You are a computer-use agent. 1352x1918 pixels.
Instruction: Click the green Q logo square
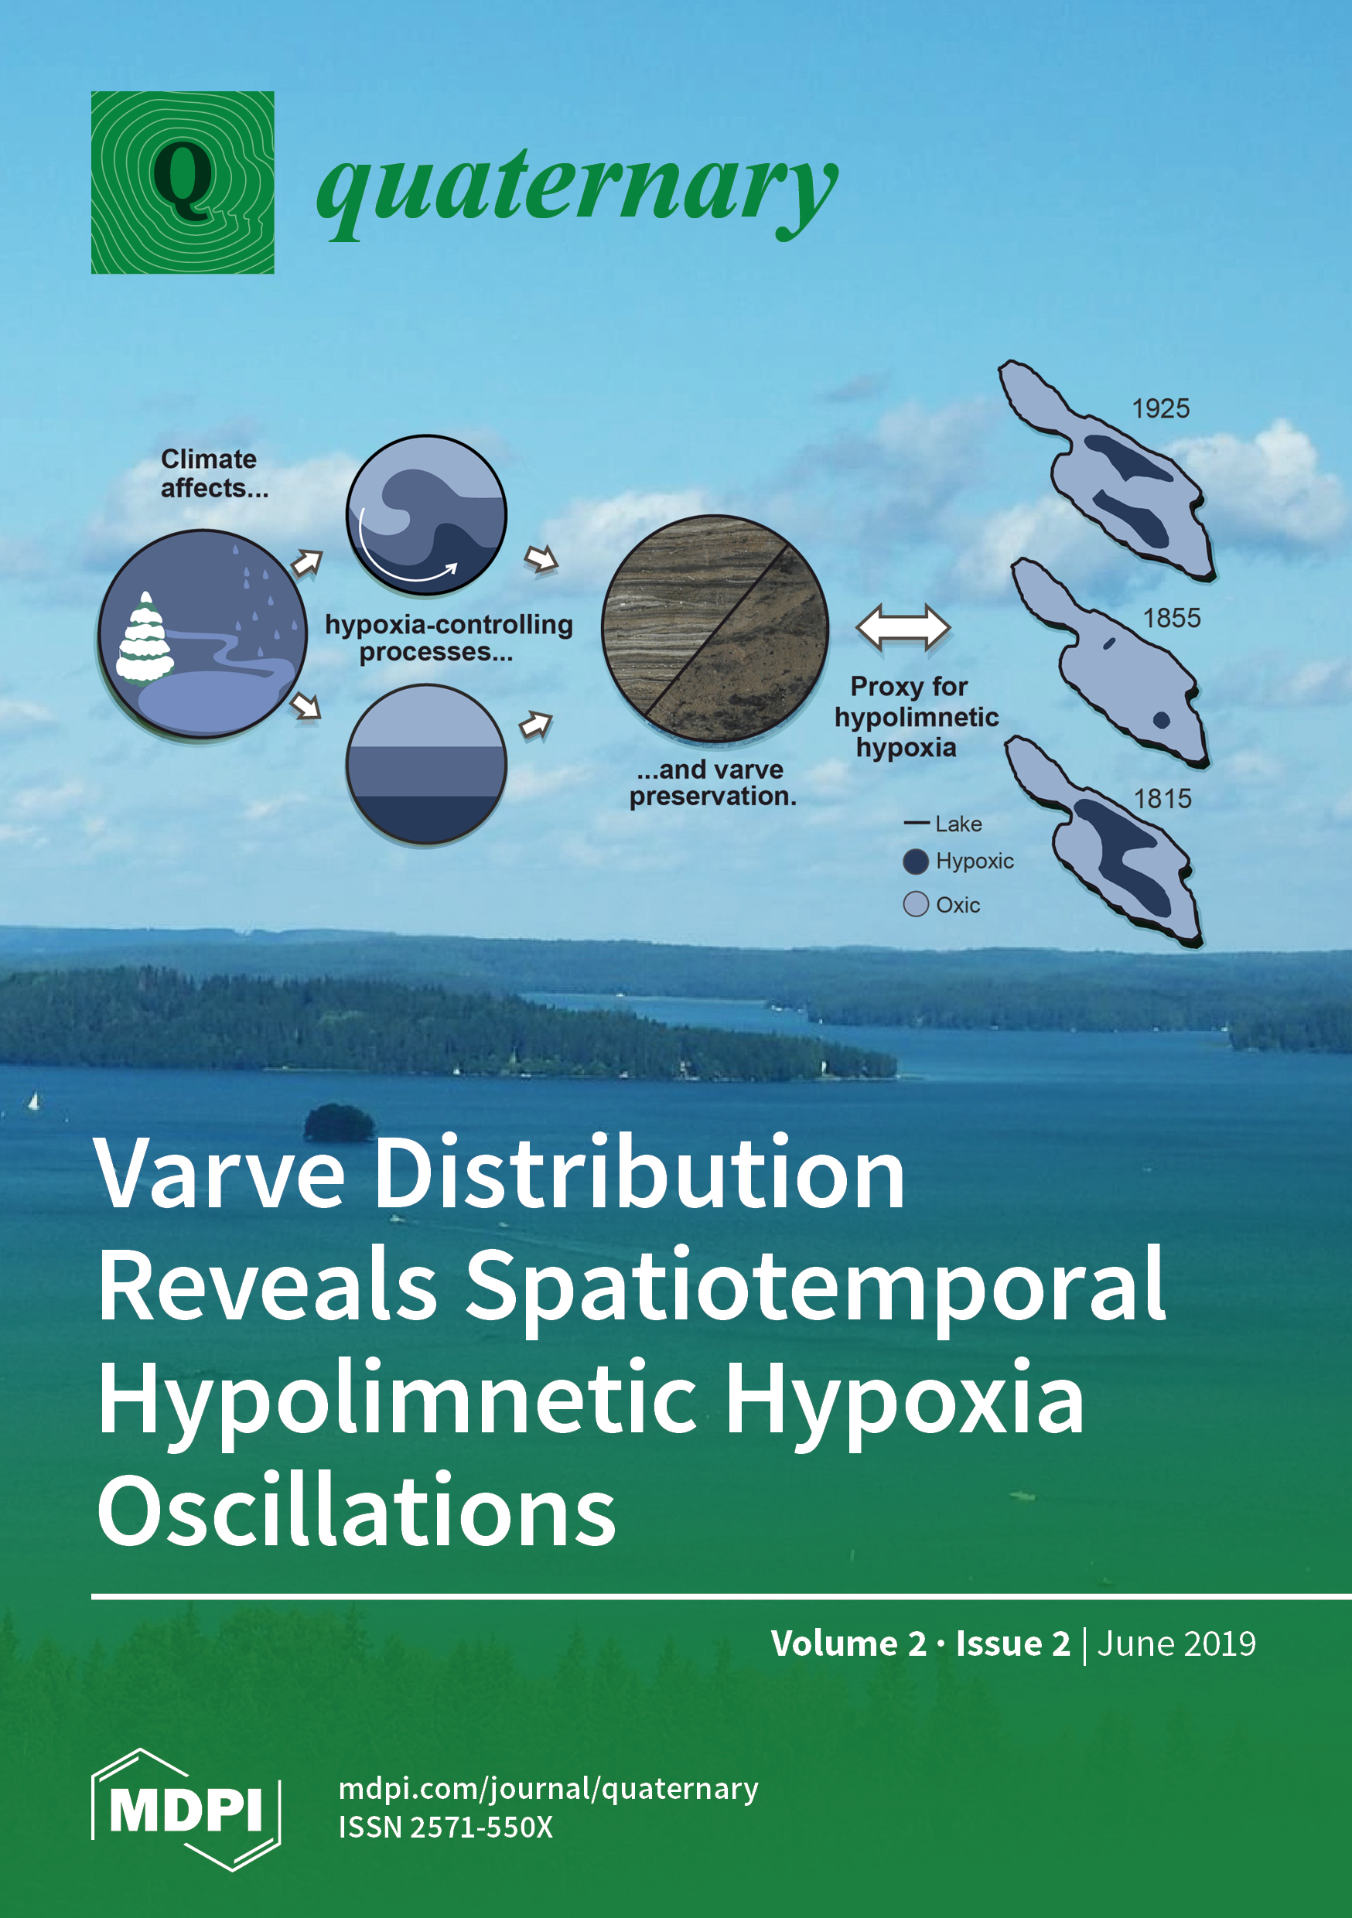(x=183, y=182)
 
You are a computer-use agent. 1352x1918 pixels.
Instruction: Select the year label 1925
(x=1160, y=408)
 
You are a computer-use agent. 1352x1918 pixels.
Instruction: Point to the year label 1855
(x=1172, y=618)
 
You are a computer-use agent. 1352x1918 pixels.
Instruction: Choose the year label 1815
(x=1163, y=799)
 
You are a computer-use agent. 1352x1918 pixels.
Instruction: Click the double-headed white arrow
(x=903, y=627)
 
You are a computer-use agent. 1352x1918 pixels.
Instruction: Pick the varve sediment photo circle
(x=715, y=628)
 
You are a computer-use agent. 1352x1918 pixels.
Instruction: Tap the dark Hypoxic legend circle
(x=916, y=862)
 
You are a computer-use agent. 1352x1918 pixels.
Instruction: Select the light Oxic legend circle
(x=916, y=904)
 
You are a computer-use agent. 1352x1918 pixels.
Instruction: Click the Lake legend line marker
(x=917, y=824)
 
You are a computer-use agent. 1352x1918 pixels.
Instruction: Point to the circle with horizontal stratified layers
(x=426, y=763)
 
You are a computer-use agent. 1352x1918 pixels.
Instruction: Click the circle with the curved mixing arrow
(x=426, y=514)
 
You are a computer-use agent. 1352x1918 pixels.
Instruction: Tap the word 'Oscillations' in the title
(x=357, y=1511)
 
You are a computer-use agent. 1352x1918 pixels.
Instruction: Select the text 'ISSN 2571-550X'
(x=446, y=1827)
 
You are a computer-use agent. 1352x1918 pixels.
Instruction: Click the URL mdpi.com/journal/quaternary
(x=548, y=1789)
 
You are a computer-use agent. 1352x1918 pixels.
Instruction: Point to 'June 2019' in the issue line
(x=1176, y=1643)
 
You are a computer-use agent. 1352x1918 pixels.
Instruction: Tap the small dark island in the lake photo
(x=339, y=1122)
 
